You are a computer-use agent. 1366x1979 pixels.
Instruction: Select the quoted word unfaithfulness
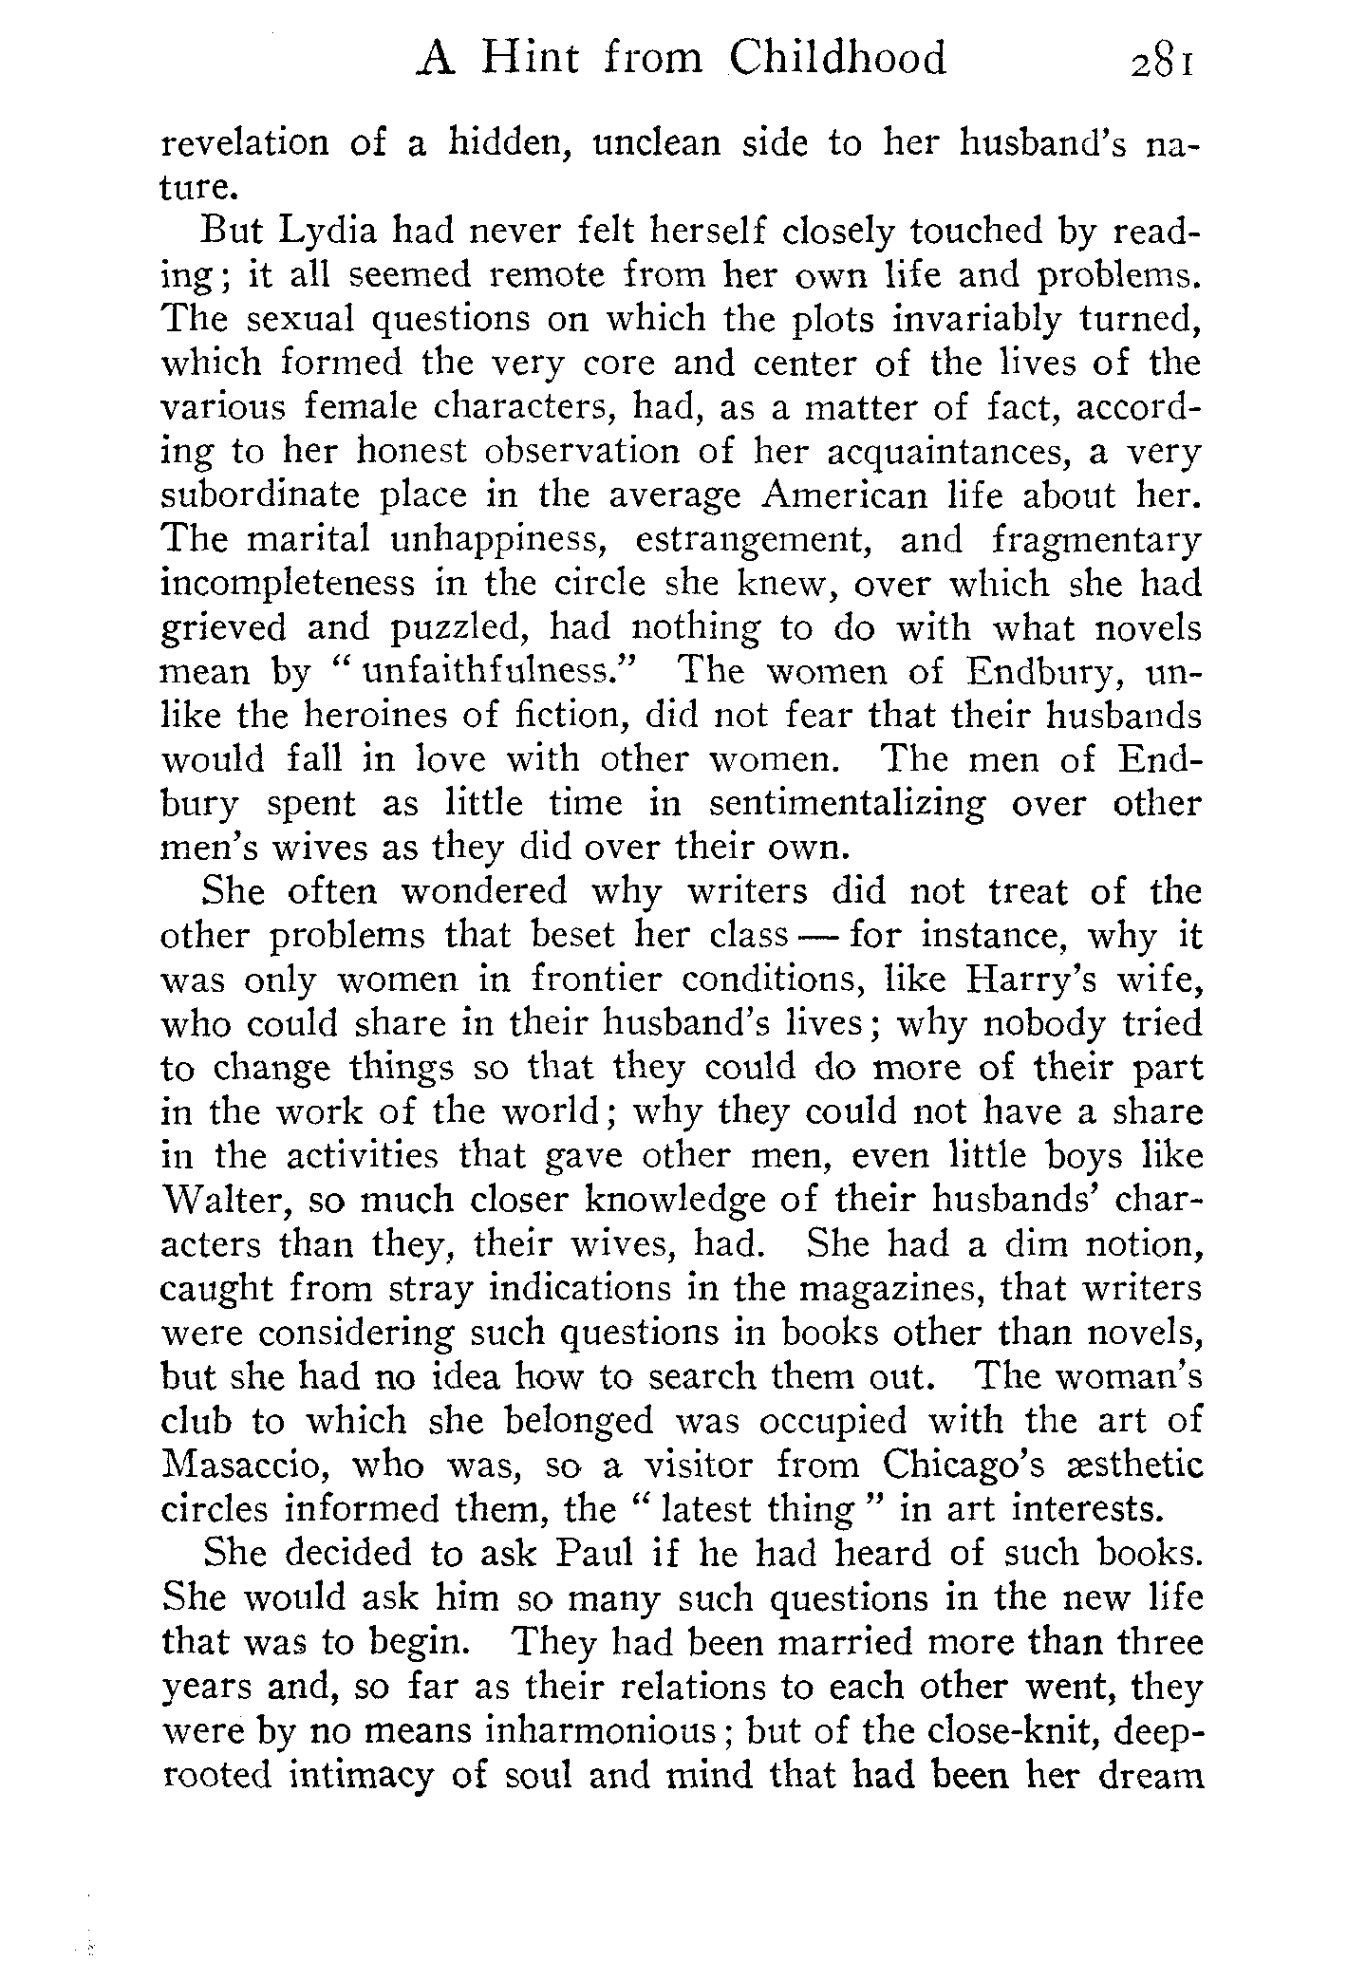pos(500,672)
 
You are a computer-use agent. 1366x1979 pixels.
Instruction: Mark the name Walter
pos(224,1200)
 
